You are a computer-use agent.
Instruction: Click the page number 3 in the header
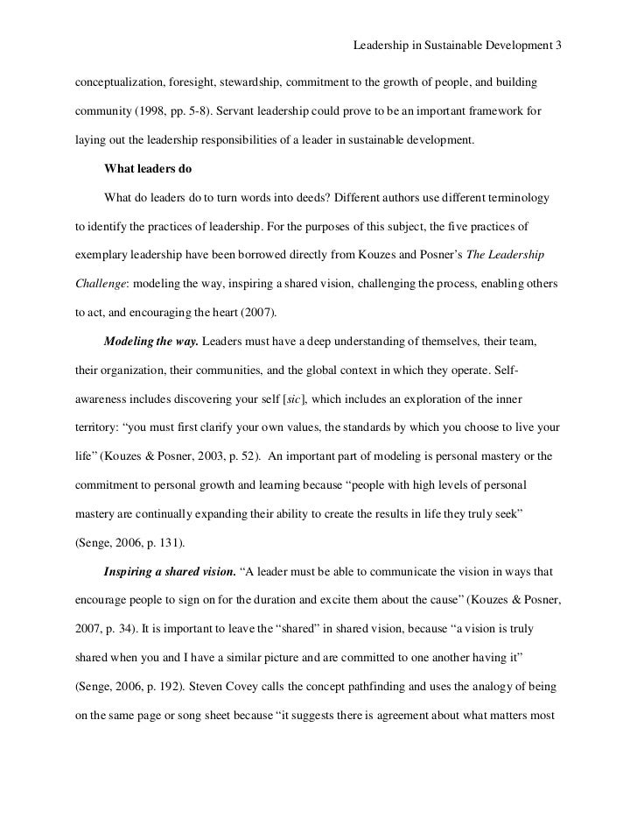tap(557, 43)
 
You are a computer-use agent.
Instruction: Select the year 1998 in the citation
tap(146, 111)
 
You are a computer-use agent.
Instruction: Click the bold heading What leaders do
tap(147, 168)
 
